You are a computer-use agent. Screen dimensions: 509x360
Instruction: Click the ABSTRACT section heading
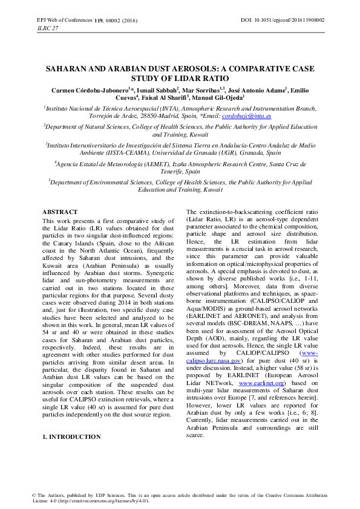[60, 212]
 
